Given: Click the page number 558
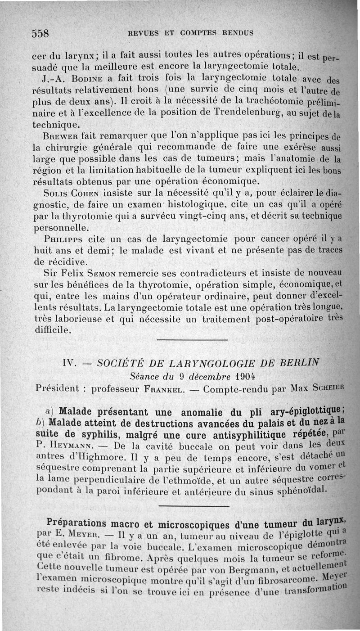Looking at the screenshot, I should (x=40, y=33).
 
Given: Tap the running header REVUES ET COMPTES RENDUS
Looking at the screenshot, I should (x=191, y=33).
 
